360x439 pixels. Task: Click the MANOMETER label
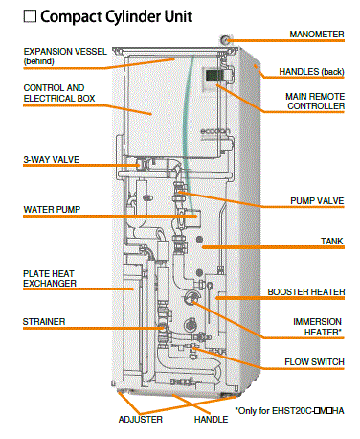pos(317,35)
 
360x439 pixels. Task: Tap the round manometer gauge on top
pos(225,40)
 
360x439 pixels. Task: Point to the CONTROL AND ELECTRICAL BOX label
pos(59,93)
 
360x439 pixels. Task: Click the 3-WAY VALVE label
pos(52,159)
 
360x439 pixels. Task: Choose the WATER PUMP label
pos(52,210)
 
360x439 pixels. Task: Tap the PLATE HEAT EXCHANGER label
pos(50,278)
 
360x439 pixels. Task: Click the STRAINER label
pos(44,322)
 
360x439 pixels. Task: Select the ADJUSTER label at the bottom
pos(141,419)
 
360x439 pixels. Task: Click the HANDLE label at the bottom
pos(212,419)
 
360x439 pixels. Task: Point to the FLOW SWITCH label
pos(314,362)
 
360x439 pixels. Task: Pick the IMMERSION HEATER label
pos(318,327)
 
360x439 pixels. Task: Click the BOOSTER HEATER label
pos(306,292)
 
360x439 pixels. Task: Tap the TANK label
pos(332,241)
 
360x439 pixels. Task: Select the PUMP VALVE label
pos(317,201)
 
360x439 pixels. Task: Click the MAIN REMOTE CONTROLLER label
pos(315,102)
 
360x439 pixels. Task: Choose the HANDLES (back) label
pos(311,72)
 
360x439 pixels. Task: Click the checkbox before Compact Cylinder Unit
pos(30,16)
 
